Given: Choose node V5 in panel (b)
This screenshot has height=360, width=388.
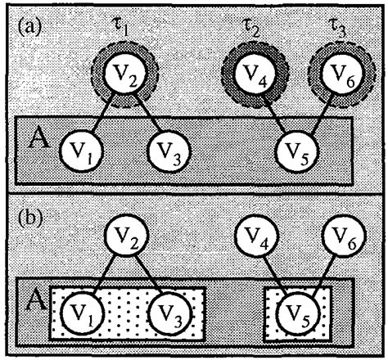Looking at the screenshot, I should pos(298,311).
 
